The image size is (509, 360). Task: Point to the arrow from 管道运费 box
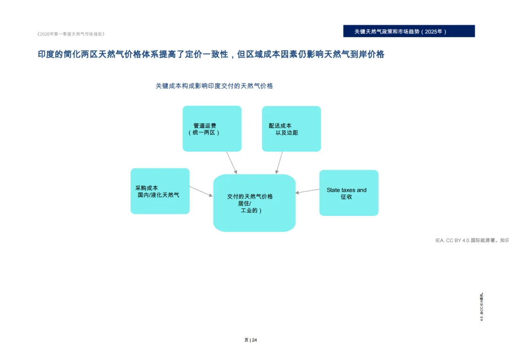coord(231,163)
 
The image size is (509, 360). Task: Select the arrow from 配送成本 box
coord(279,163)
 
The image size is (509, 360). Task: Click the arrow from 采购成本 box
coord(201,191)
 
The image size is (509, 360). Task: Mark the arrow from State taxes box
coord(307,191)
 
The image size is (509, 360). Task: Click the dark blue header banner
coord(409,31)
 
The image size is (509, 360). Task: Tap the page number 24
coord(254,340)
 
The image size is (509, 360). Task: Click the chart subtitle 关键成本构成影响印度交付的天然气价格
coord(214,86)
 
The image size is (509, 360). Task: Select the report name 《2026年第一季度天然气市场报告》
coord(71,34)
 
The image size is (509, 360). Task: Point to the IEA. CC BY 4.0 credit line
coord(471,240)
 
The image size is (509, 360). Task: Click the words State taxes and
coord(346,190)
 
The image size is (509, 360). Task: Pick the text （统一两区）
coord(204,133)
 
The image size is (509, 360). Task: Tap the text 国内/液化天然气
coord(158,195)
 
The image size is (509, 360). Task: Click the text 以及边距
coord(287,133)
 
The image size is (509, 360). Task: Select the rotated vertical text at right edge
coord(482,307)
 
